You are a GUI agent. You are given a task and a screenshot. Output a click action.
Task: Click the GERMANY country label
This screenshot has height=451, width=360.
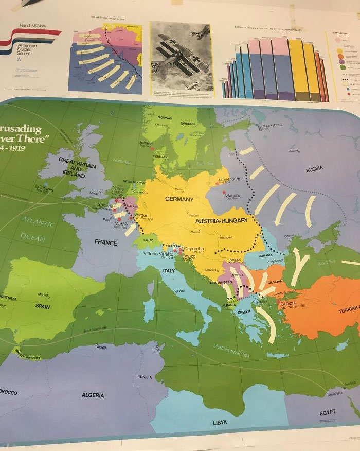pos(179,199)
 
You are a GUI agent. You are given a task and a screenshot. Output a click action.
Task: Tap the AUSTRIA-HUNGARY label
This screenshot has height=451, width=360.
pos(222,221)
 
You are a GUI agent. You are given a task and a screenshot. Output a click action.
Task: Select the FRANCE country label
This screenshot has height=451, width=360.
pos(106,242)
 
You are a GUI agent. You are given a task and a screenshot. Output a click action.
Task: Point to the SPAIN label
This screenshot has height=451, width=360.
pos(42,305)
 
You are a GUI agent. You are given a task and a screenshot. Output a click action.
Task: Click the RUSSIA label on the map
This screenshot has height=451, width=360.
pos(314,169)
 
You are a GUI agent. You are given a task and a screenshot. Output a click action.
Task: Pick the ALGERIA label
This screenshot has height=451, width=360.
pos(93,395)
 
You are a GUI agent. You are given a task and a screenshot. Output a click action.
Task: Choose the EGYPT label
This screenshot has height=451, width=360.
pos(327,412)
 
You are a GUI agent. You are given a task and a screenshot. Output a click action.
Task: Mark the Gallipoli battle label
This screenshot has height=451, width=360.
pos(292,303)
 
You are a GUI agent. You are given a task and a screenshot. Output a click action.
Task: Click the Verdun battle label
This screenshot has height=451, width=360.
pos(141,215)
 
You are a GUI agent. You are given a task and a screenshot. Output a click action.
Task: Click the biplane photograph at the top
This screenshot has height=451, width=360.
pos(181,57)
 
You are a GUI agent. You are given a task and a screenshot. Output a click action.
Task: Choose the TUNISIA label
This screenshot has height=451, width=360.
pos(145,377)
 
